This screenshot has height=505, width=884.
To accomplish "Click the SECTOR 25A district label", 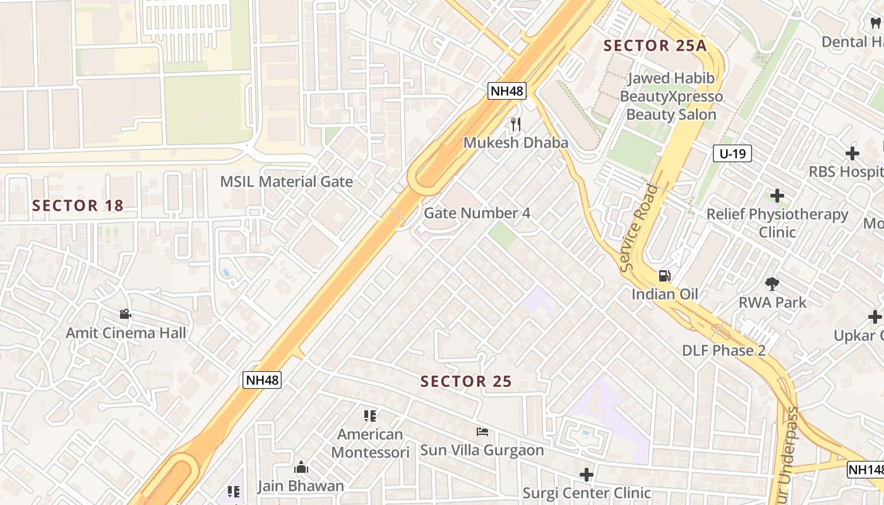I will [655, 45].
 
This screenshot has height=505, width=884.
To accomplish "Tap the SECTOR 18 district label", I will [78, 206].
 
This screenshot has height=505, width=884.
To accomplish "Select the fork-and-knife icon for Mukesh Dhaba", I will [516, 124].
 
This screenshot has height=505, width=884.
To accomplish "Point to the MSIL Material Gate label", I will [286, 182].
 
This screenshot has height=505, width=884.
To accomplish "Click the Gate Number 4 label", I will [477, 213].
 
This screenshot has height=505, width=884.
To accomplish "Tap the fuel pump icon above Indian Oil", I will [664, 276].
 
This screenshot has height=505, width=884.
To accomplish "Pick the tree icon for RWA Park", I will [772, 284].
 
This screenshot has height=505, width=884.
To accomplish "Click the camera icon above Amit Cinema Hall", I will [125, 314].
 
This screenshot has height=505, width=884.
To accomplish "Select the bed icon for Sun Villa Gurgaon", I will [482, 432].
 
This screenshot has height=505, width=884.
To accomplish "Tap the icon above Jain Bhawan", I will [301, 468].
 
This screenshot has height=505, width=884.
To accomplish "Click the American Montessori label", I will [370, 443].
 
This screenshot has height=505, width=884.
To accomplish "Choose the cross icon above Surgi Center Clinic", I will [587, 474].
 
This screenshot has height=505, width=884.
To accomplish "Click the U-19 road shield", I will [732, 153].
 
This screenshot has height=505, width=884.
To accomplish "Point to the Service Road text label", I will [639, 228].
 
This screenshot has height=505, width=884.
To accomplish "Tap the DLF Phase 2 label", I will [724, 351].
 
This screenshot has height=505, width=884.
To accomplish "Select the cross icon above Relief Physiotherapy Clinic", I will [777, 196].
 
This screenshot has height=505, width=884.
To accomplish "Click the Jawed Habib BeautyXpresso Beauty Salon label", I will [671, 97].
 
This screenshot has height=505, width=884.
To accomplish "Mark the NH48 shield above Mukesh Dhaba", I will [507, 91].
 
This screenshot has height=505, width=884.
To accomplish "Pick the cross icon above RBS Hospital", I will [852, 153].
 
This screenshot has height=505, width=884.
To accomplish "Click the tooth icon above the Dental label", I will [875, 23].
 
